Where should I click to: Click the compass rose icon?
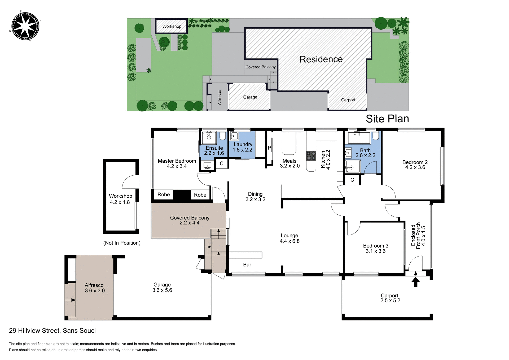[x=25, y=26]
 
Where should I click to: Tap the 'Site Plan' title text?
[x=387, y=119]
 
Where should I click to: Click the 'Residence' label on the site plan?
[x=321, y=59]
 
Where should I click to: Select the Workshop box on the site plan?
[x=172, y=26]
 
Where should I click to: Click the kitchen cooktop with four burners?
[x=311, y=156]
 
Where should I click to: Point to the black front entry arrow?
[x=415, y=281]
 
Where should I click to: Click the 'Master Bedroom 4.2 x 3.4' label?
[x=177, y=163]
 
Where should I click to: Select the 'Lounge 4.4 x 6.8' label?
[x=289, y=238]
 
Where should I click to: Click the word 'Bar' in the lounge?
[x=247, y=264]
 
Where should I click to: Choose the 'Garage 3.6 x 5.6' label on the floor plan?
[x=162, y=287]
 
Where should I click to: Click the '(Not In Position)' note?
[x=122, y=243]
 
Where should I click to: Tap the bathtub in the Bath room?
[x=358, y=138]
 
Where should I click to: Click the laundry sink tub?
[x=234, y=136]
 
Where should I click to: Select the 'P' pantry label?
[x=269, y=148]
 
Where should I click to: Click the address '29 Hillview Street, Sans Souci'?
[x=52, y=331]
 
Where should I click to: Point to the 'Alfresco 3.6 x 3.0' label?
[x=94, y=288]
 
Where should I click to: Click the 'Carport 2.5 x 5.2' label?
[x=390, y=298]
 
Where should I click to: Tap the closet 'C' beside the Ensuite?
[x=221, y=163]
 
